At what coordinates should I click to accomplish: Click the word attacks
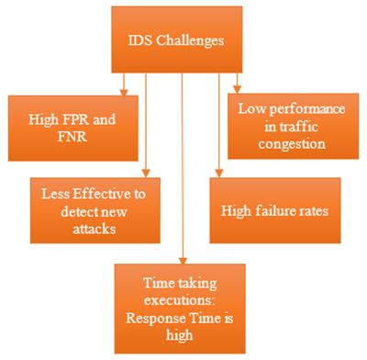point(89,229)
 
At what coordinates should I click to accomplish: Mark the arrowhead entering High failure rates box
point(217,172)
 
